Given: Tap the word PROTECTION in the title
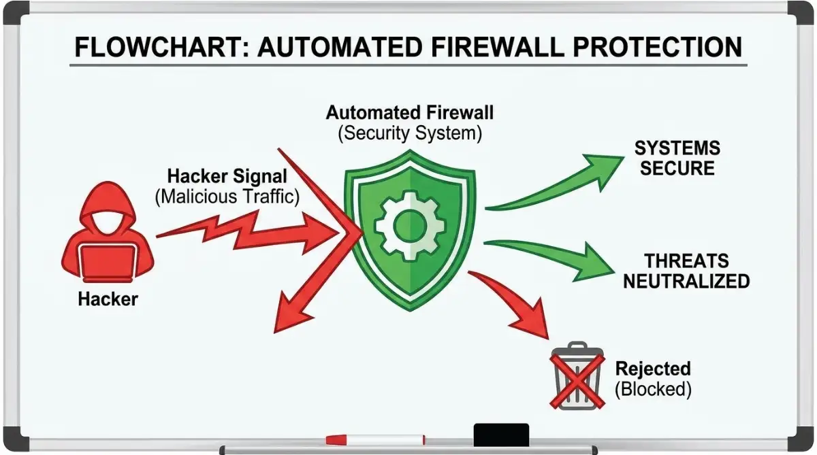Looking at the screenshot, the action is (x=658, y=47).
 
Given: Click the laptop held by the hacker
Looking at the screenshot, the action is (x=108, y=262).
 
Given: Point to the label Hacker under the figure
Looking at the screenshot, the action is (x=108, y=299).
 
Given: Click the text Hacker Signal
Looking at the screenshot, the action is (x=227, y=176).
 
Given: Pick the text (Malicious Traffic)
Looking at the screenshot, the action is (x=227, y=197).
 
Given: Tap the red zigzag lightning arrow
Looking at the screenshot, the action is (x=248, y=232).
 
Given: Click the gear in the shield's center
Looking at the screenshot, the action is (x=410, y=226).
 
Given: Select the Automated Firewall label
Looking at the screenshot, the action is (x=410, y=113).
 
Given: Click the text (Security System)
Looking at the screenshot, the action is (x=410, y=133).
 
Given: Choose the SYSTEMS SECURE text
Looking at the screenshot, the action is (x=677, y=158).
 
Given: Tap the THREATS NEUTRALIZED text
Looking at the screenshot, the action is (x=686, y=271).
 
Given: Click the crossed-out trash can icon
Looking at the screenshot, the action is (x=577, y=375).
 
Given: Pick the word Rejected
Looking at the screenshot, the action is (x=653, y=369).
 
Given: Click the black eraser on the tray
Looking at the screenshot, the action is (x=501, y=435).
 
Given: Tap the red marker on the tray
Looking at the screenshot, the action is (x=375, y=440).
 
